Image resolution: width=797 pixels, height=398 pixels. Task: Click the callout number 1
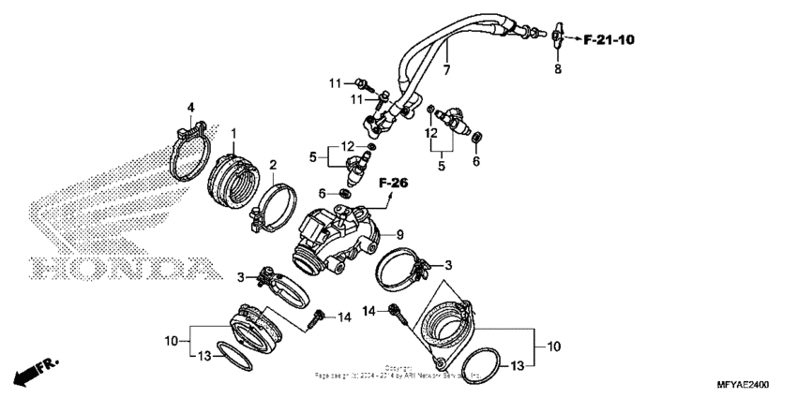point(233,134)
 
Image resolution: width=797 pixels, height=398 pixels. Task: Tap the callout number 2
point(273,166)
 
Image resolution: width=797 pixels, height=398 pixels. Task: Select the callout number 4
point(190,108)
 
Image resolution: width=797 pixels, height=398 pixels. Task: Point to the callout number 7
point(446,70)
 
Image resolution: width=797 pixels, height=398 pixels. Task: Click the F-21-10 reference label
point(609,39)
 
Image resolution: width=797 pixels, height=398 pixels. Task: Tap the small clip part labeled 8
point(557,37)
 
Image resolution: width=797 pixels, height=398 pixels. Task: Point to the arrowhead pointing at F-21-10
point(573,39)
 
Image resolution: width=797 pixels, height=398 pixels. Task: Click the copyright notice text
point(398,372)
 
